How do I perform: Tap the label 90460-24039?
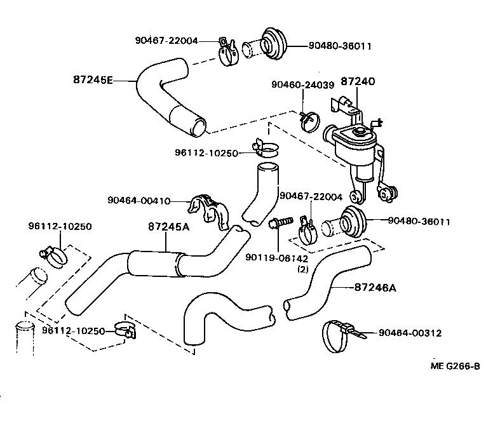(302, 84)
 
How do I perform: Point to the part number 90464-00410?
(139, 201)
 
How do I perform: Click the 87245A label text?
(167, 226)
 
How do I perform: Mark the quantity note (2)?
(303, 269)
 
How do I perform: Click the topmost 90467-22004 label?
(166, 41)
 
